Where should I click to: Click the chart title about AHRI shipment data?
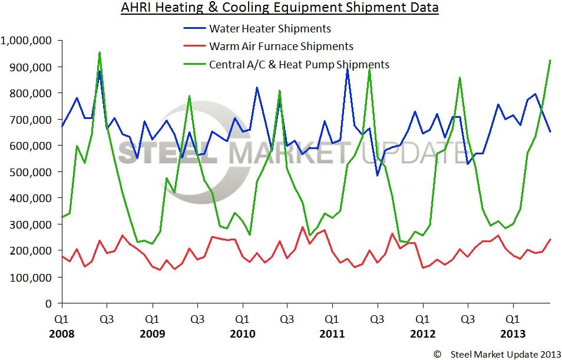click(280, 8)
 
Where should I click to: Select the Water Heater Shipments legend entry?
click(270, 28)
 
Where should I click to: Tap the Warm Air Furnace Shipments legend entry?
click(281, 46)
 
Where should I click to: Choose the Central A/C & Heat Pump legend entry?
click(299, 64)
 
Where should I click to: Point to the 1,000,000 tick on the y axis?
click(27, 41)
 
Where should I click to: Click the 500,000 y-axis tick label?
click(32, 172)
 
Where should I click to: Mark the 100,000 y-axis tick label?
click(32, 277)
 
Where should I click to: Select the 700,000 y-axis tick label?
click(32, 120)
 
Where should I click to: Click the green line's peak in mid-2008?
click(100, 52)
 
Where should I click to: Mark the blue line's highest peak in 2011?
click(348, 70)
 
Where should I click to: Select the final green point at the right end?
click(550, 60)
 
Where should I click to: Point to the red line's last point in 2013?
click(550, 239)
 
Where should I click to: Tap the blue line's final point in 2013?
click(550, 131)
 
